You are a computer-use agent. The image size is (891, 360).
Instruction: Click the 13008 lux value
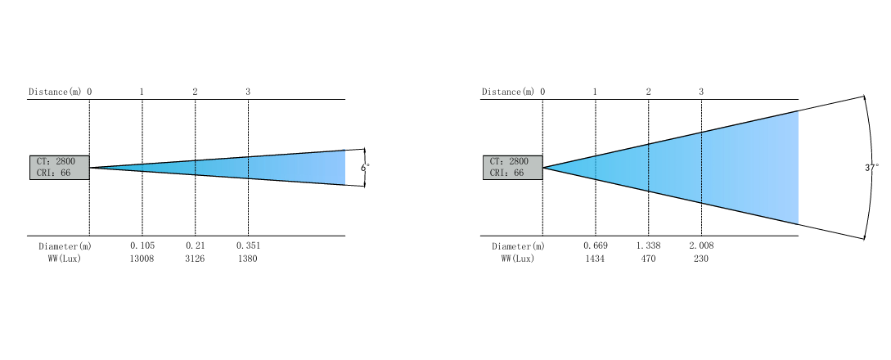coord(142,259)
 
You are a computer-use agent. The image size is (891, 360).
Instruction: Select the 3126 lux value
coord(195,259)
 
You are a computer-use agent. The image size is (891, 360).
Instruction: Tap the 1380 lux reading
coord(248,259)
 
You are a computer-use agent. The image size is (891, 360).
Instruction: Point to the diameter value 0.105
coord(142,246)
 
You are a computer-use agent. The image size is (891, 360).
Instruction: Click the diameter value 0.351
coord(249,246)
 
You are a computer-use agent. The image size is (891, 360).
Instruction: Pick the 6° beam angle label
coord(365,168)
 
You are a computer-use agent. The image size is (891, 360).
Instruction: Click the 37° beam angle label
coord(872,168)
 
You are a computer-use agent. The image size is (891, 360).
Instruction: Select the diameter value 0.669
coord(596,246)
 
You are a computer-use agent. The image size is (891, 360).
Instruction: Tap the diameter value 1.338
coord(648,246)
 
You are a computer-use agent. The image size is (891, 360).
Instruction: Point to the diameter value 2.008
coord(701,246)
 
